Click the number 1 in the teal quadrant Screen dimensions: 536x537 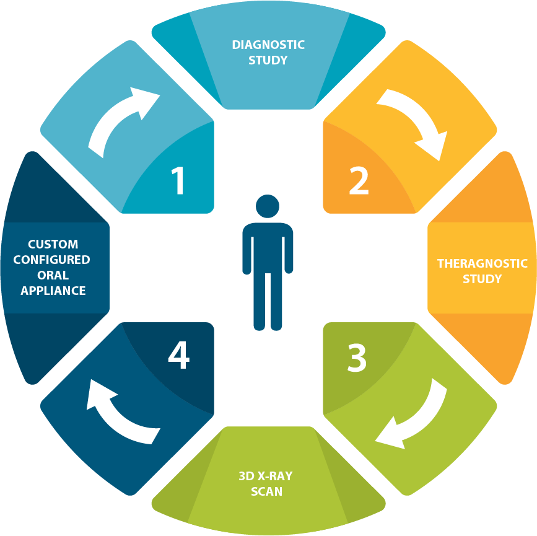(x=178, y=180)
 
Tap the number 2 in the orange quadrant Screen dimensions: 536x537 (x=359, y=180)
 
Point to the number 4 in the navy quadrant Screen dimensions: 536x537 (x=178, y=356)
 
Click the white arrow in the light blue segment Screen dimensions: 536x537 (x=123, y=120)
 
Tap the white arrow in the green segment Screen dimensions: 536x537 (x=413, y=416)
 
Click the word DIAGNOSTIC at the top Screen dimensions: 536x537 (x=268, y=45)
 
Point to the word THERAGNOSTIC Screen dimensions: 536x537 (x=482, y=263)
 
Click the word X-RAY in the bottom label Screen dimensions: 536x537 (x=276, y=477)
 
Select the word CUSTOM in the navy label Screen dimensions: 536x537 (x=53, y=244)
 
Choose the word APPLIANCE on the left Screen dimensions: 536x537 (x=53, y=290)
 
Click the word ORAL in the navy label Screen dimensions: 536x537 (x=53, y=275)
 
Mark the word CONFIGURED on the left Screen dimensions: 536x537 (x=53, y=260)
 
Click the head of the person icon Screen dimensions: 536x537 (x=268, y=207)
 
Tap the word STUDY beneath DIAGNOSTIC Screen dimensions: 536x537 (x=268, y=60)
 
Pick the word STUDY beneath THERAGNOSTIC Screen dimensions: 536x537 (x=482, y=279)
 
